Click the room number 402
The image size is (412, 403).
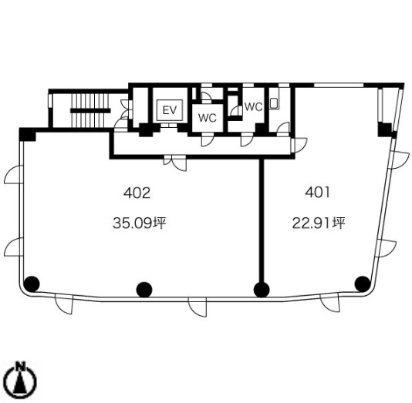137,193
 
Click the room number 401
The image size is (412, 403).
317,193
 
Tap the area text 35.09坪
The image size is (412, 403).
139,223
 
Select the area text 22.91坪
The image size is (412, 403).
319,223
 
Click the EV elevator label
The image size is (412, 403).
170,110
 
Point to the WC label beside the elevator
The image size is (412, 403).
208,118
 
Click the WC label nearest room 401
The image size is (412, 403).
254,107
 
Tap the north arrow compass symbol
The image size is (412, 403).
21,378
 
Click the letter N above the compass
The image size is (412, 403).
21,366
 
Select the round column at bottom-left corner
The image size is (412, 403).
32,284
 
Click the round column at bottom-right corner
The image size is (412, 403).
363,284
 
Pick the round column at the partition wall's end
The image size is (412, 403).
262,290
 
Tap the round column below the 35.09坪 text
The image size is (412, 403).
144,290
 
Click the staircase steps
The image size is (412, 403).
90,110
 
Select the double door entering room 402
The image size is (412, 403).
175,163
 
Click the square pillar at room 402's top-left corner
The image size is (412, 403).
28,135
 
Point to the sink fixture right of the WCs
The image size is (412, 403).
274,103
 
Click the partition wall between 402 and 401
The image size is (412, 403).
262,220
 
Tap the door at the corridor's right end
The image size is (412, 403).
299,145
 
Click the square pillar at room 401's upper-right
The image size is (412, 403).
385,129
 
